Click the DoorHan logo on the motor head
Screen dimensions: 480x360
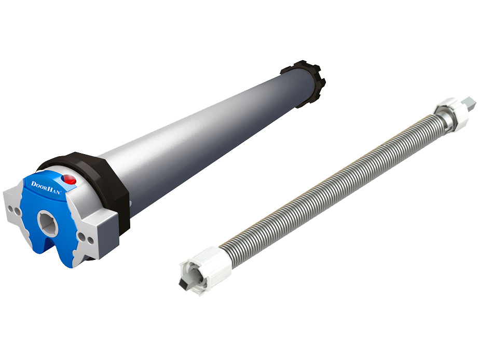coord(46,188)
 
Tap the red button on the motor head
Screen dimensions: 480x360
coord(70,180)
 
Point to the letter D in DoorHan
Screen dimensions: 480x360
coord(34,184)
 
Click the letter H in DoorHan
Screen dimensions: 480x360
coord(50,189)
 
